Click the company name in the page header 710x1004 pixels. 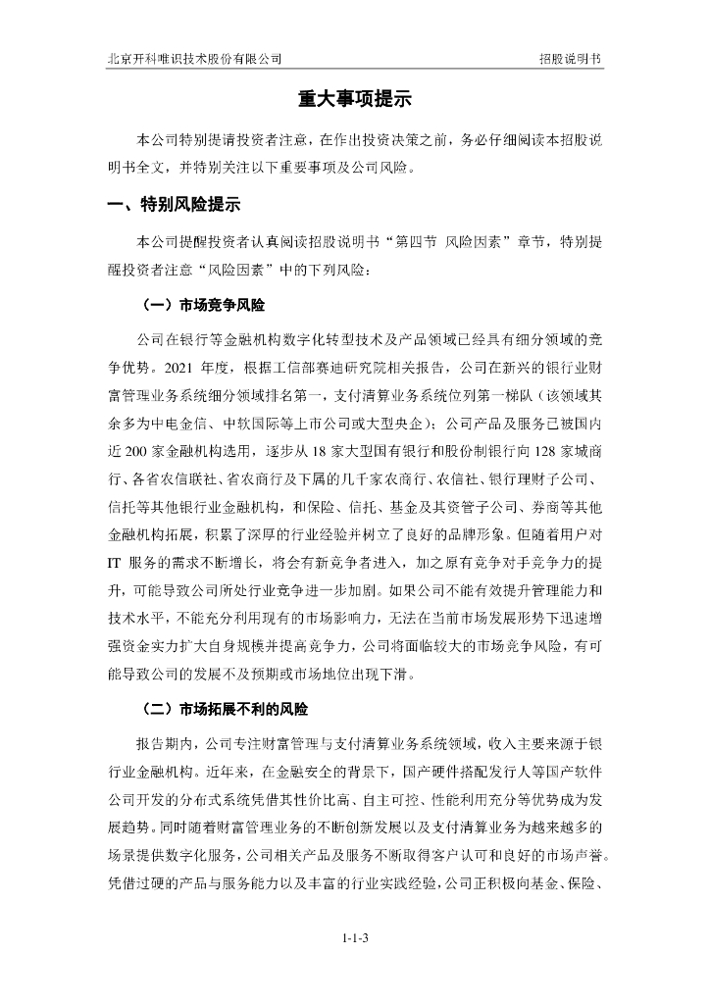[195, 58]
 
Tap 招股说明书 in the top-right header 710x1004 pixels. [571, 58]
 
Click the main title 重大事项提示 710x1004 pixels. [354, 100]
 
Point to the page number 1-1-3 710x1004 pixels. [355, 938]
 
